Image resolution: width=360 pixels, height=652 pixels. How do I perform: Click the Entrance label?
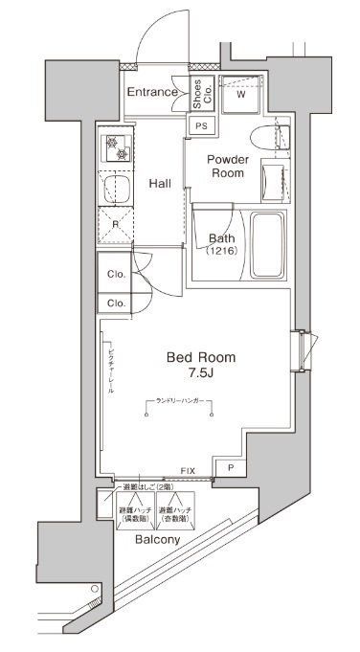coord(153,92)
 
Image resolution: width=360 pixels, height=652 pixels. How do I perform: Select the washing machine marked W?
coord(240,94)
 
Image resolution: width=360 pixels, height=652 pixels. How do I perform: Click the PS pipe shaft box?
coord(201,125)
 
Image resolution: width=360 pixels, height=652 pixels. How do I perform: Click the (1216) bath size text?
coord(222,252)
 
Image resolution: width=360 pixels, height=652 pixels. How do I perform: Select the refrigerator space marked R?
coord(115,226)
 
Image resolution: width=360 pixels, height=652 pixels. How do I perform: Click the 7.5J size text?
coord(201,373)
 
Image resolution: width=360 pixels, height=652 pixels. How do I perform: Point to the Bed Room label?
coord(201,356)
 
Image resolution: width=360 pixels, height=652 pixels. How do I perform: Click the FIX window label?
coord(189,472)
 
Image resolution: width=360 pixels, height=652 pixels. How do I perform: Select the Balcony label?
coord(159,540)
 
